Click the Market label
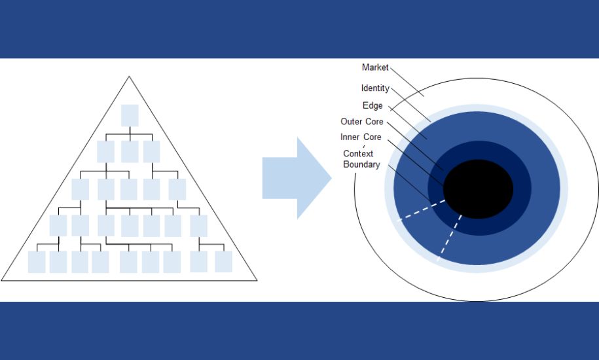click(375, 67)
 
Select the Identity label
click(375, 88)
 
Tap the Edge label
click(372, 105)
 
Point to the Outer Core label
click(361, 121)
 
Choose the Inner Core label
click(361, 137)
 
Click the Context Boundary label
click(361, 159)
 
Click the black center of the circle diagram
click(478, 189)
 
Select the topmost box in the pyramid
click(130, 115)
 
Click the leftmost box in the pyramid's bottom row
click(37, 262)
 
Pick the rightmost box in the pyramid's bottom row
click(223, 262)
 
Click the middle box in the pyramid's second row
click(130, 152)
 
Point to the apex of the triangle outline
click(129, 77)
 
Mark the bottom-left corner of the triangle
click(2, 280)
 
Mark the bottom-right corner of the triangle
click(257, 280)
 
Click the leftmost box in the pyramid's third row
click(80, 189)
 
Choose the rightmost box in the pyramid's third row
click(177, 189)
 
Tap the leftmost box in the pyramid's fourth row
click(58, 226)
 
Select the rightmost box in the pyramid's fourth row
click(198, 226)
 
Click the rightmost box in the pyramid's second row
click(152, 152)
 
